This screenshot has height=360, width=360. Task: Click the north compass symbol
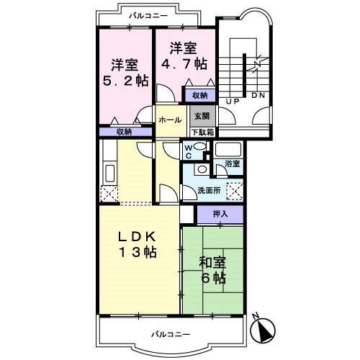(x=263, y=329)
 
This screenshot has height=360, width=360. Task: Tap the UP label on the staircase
(x=233, y=102)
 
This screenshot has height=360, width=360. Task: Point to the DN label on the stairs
(x=258, y=96)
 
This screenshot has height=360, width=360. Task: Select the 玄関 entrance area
(x=202, y=116)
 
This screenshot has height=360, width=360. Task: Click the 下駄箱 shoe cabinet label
(x=203, y=132)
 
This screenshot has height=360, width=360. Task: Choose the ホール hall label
(x=170, y=120)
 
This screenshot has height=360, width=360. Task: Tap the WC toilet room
(x=193, y=151)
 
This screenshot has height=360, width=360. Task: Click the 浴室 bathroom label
(x=233, y=163)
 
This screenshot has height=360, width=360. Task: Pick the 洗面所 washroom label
(x=209, y=190)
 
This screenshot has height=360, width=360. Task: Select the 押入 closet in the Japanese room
(x=220, y=214)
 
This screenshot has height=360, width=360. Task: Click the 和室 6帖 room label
(x=212, y=270)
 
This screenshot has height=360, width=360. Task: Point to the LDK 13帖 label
(x=138, y=245)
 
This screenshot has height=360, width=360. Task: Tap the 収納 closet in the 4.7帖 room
(x=199, y=96)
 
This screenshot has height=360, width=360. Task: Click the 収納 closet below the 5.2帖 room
(x=125, y=132)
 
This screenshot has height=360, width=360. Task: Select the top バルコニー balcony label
(x=148, y=16)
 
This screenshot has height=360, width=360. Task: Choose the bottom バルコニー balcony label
(x=171, y=334)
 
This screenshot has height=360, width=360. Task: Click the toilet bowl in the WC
(x=199, y=146)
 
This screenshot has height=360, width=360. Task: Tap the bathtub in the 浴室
(x=228, y=149)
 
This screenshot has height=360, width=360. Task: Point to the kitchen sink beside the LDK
(x=110, y=174)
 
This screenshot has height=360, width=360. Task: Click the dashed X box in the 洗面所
(x=235, y=192)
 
